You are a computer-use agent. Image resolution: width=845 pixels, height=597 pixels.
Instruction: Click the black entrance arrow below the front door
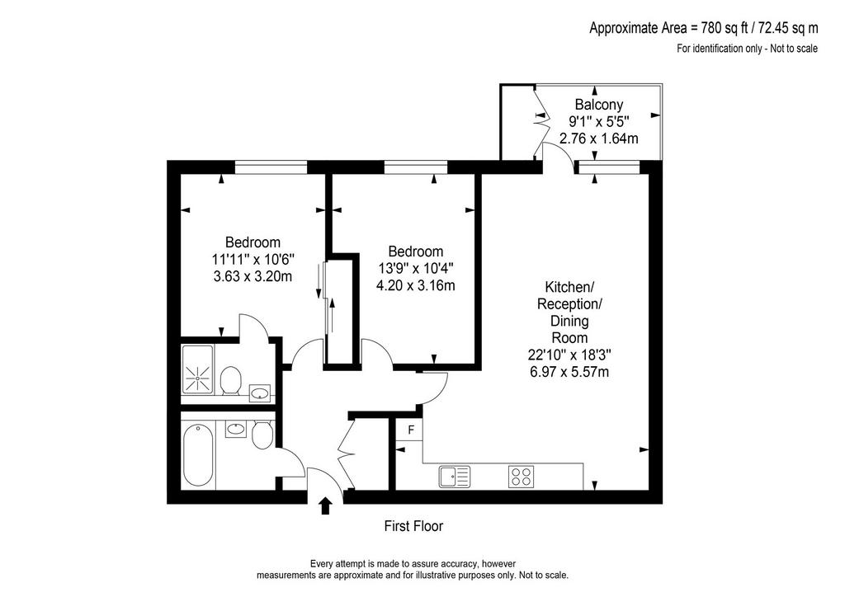(325, 506)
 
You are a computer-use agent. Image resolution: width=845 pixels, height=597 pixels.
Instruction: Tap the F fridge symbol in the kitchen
(411, 430)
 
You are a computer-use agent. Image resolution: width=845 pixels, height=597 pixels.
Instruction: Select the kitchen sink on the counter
(455, 477)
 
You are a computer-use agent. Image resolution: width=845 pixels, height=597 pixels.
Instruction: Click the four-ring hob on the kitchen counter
(522, 477)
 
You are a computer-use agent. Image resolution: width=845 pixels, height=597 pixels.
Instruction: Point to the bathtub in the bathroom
(198, 455)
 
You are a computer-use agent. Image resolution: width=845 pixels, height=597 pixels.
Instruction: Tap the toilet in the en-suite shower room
(230, 380)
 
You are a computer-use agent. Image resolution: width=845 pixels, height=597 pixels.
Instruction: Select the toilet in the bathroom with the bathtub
(262, 435)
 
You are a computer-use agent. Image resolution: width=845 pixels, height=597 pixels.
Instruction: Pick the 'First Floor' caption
(413, 526)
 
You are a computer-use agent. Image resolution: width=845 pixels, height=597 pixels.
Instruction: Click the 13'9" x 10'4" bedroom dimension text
(416, 268)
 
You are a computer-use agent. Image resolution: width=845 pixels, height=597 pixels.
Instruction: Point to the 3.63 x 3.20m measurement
(253, 277)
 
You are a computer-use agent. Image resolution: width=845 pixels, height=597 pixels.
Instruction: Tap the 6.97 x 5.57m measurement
(569, 371)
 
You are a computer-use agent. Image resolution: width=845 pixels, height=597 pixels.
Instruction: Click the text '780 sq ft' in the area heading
(720, 28)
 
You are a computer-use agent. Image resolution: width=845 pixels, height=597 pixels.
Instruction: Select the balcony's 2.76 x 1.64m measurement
(599, 139)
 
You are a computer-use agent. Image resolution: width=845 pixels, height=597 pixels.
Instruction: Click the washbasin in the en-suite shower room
(260, 392)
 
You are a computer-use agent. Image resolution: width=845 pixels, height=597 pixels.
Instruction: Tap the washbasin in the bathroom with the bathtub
(235, 429)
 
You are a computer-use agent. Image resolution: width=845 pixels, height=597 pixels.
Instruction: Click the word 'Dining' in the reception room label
(569, 322)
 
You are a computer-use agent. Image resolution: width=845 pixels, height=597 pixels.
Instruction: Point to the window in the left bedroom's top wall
(271, 167)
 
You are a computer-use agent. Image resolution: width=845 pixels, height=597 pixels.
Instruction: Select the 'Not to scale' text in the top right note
(794, 49)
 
